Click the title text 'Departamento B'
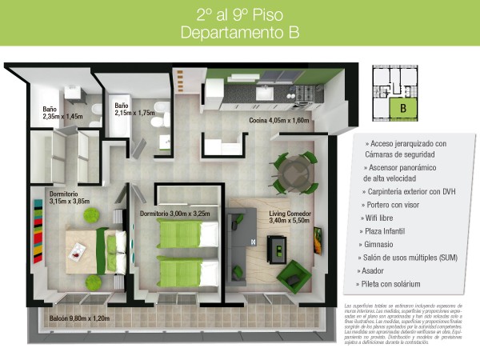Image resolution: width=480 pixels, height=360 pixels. point(240,33)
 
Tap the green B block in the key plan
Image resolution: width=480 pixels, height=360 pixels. point(404,106)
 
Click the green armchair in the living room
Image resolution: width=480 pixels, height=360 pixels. point(291,276)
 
